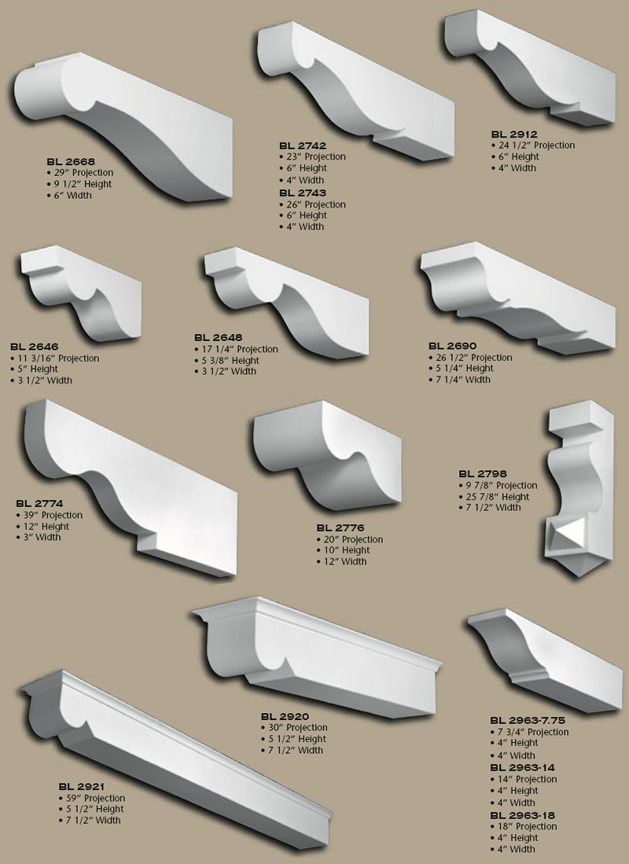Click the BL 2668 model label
point(71,162)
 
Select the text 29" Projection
point(83,173)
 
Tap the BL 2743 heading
point(302,193)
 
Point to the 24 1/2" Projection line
point(535,145)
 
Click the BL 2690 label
point(452,346)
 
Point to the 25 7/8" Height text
point(499,497)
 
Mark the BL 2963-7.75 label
point(528,720)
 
